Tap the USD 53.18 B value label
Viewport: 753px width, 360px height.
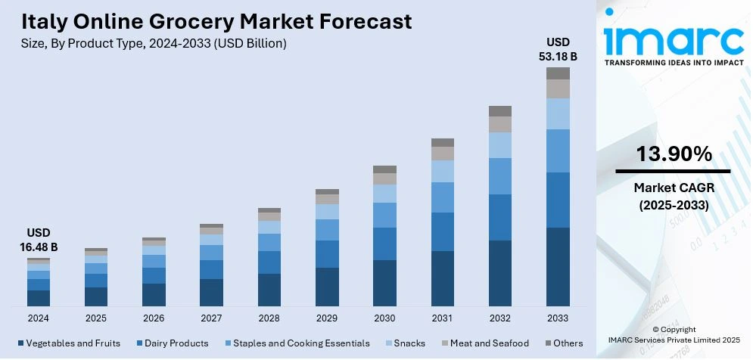click(559, 48)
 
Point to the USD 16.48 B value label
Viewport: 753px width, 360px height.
click(39, 240)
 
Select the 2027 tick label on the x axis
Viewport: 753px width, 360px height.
click(211, 318)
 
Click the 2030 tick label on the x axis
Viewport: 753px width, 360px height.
click(384, 318)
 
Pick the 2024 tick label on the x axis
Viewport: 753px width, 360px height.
click(39, 318)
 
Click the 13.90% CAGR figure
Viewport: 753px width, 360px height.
click(674, 154)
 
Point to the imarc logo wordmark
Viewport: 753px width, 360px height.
click(672, 39)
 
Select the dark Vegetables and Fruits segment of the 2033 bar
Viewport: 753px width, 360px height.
click(559, 266)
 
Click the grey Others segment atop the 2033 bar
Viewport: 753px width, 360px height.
click(559, 73)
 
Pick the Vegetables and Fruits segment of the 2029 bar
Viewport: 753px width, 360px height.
click(327, 287)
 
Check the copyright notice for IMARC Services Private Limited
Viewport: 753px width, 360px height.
click(672, 335)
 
